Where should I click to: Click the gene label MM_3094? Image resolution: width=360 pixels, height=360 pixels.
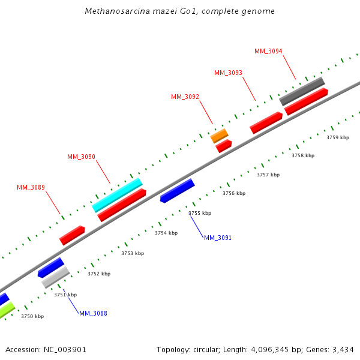pos(268,52)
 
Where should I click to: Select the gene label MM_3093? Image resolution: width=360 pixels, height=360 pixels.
pos(228,73)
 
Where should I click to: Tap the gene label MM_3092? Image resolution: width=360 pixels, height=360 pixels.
pos(185,97)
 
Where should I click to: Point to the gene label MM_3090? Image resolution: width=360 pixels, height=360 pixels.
pos(81,157)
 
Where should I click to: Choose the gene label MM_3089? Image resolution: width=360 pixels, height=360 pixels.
pos(31,188)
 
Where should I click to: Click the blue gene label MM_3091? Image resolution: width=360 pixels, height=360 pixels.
pos(217,238)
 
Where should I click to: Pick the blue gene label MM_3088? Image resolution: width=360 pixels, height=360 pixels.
pos(93,313)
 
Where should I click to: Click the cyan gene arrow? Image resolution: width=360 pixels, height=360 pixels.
pos(117,194)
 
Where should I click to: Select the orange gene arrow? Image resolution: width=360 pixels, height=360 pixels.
pos(219,136)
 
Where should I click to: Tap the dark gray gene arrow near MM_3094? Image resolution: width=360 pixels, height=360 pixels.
pos(302,90)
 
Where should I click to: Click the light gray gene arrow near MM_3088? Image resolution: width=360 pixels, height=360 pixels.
pos(56,277)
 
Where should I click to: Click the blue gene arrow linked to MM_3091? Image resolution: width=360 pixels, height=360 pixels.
pos(177,191)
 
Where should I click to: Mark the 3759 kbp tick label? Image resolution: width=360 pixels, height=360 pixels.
pos(337,137)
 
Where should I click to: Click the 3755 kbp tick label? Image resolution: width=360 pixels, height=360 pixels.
pos(200,213)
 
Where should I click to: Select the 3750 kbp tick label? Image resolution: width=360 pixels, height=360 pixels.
pos(32,316)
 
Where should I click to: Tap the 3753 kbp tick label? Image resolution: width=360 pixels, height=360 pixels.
pos(133,253)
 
